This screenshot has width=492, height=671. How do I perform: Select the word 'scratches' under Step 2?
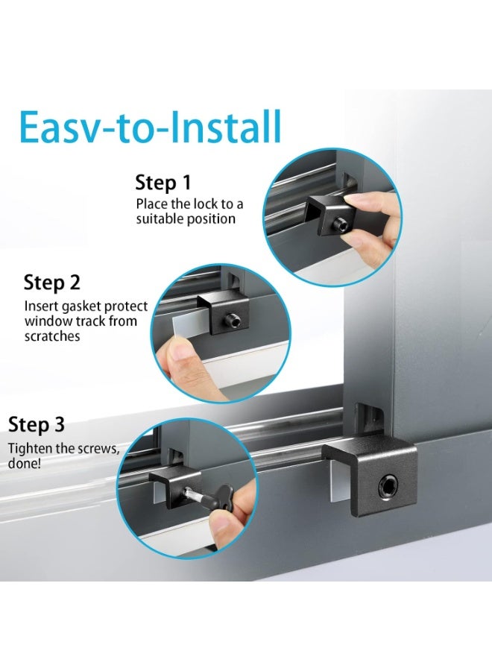tap(52, 336)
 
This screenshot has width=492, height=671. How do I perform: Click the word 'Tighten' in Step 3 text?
tap(29, 449)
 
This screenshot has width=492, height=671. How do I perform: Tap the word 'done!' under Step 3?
tap(25, 464)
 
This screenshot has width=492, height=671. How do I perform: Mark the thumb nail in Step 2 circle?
tap(174, 345)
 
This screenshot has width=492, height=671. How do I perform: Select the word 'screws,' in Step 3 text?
tap(104, 449)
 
